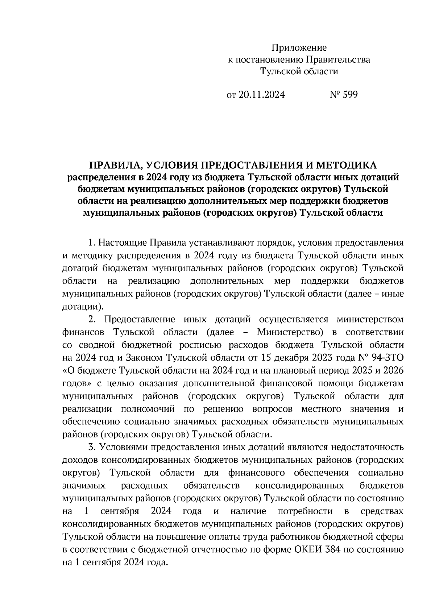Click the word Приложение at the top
coord(299,48)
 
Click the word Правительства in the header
coord(339,60)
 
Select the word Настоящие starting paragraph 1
coord(122,243)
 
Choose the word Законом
coord(143,358)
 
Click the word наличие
coord(248,511)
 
